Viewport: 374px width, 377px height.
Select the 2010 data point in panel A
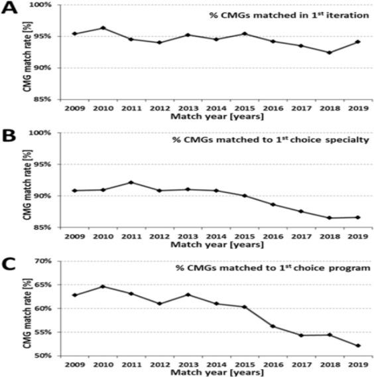point(103,28)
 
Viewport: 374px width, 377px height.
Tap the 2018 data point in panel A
point(329,52)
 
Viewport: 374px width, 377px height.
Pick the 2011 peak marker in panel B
point(131,183)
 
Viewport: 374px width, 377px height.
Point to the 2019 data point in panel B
point(357,217)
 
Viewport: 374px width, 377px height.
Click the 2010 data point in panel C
point(103,286)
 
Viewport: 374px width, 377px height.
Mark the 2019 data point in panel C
point(357,345)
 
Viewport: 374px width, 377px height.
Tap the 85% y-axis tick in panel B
point(44,228)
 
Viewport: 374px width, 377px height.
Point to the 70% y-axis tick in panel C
point(44,262)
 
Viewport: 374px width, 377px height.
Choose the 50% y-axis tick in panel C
point(44,356)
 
